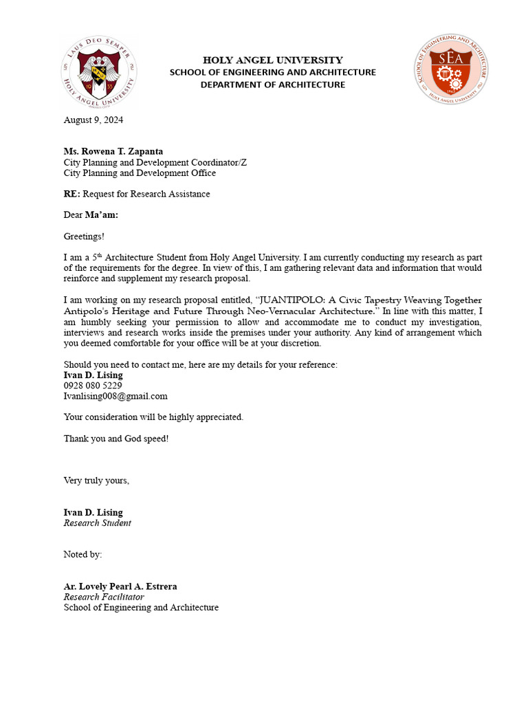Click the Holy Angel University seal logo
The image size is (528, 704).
[x=99, y=71]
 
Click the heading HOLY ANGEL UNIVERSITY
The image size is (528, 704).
[x=273, y=60]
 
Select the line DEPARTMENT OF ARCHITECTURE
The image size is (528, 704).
[x=273, y=85]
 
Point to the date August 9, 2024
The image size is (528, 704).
[x=93, y=120]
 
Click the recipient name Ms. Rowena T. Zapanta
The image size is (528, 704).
[x=113, y=151]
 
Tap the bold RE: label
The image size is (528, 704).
[x=71, y=194]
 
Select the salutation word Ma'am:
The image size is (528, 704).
[x=102, y=214]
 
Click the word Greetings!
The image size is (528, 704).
[x=84, y=236]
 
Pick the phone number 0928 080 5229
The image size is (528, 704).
[x=93, y=386]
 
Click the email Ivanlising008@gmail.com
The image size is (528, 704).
[x=115, y=396]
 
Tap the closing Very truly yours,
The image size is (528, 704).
[x=96, y=481]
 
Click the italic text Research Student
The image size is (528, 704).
[x=97, y=522]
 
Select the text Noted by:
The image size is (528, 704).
[x=82, y=554]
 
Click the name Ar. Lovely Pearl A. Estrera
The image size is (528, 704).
[x=120, y=586]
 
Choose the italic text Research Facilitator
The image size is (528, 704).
[x=104, y=597]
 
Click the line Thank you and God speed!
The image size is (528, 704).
[x=116, y=439]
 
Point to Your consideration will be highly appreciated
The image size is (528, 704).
[x=153, y=417]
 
